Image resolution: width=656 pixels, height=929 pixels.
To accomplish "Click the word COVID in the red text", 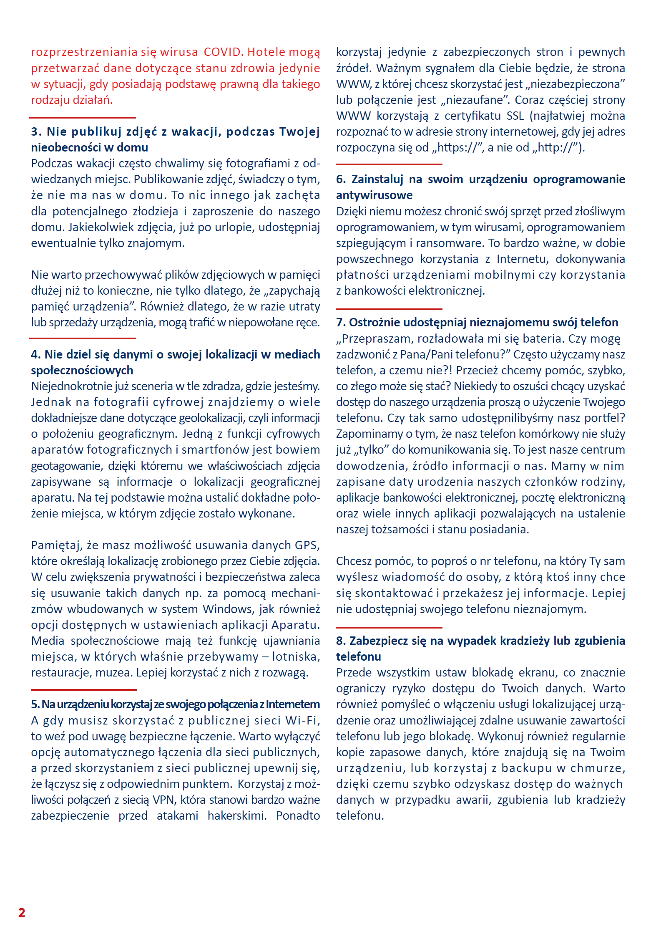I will click(x=223, y=52).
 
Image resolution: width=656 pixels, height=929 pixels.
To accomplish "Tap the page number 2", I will click(x=22, y=912).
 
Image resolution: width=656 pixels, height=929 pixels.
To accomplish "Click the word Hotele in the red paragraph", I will click(x=265, y=52).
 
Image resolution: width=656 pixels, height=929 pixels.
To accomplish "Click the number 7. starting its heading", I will click(x=341, y=323).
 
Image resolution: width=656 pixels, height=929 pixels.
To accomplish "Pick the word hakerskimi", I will click(x=237, y=815).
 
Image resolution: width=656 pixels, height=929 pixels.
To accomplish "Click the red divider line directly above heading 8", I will click(x=389, y=627).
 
